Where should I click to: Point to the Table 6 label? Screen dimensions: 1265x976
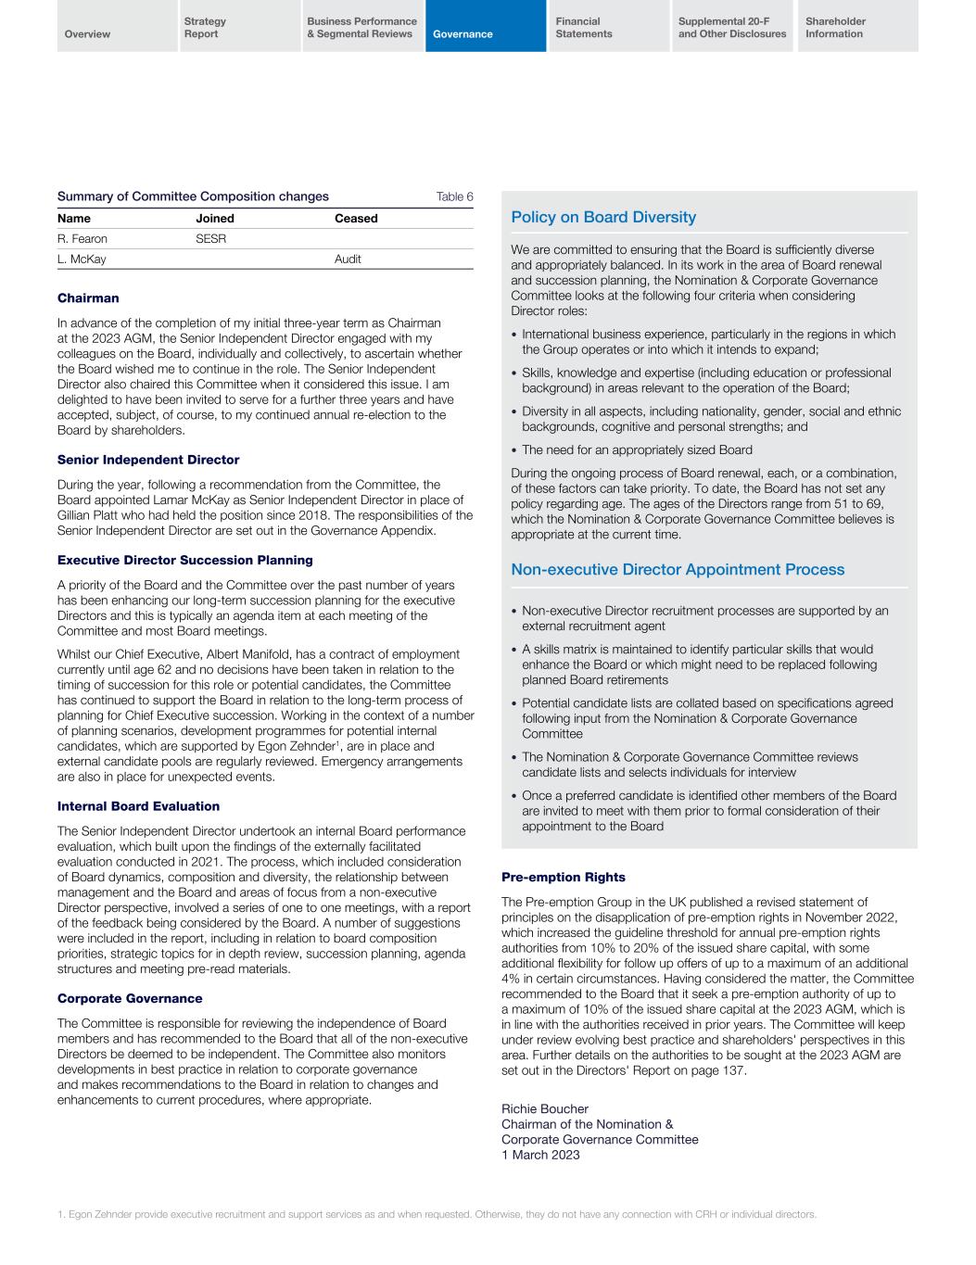(x=454, y=196)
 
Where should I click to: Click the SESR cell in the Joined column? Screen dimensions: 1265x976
(x=210, y=239)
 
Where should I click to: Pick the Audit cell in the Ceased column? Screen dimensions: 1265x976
(x=348, y=259)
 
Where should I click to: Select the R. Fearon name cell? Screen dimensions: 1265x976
(x=82, y=239)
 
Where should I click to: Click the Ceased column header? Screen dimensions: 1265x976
(x=356, y=219)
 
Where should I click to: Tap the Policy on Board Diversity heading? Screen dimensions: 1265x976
(x=603, y=217)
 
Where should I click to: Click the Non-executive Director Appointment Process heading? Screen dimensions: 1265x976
(x=678, y=569)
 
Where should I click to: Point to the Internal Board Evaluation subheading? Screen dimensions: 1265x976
(x=138, y=806)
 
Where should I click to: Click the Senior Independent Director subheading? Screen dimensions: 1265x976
(x=148, y=460)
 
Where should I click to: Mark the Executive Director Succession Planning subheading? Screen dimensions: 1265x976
(x=185, y=560)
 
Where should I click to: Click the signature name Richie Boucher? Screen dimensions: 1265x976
(x=545, y=1109)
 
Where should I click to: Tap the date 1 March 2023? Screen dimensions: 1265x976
(x=540, y=1154)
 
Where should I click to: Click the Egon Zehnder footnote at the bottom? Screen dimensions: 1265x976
(x=437, y=1214)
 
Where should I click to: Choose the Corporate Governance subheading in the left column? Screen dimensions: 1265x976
(x=130, y=998)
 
